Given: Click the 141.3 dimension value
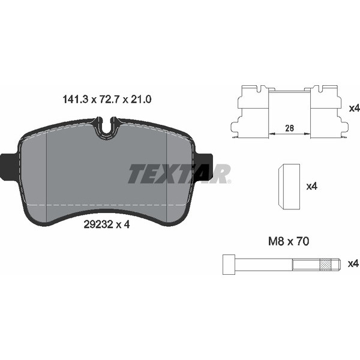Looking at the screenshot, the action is tap(75, 100).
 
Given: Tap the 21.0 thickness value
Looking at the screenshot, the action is tap(140, 100).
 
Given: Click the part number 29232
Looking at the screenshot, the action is tap(98, 224).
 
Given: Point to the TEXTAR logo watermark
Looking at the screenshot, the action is tap(179, 173).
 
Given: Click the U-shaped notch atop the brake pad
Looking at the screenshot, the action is tap(107, 129).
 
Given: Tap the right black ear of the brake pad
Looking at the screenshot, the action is tap(205, 166).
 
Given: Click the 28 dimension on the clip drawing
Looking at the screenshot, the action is tap(290, 128).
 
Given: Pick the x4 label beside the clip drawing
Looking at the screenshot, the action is tap(354, 108).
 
